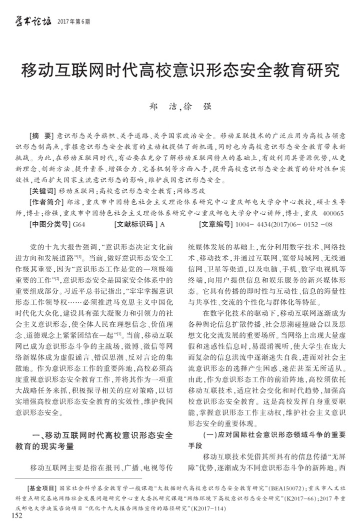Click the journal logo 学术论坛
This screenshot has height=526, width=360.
point(30,22)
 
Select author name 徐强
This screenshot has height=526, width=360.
point(197,107)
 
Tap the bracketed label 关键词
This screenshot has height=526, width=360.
point(44,191)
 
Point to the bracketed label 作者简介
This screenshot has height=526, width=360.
point(47,202)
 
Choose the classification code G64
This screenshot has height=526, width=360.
point(79,224)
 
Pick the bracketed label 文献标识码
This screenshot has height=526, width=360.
point(136,224)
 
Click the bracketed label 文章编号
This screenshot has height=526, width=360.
point(215,224)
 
